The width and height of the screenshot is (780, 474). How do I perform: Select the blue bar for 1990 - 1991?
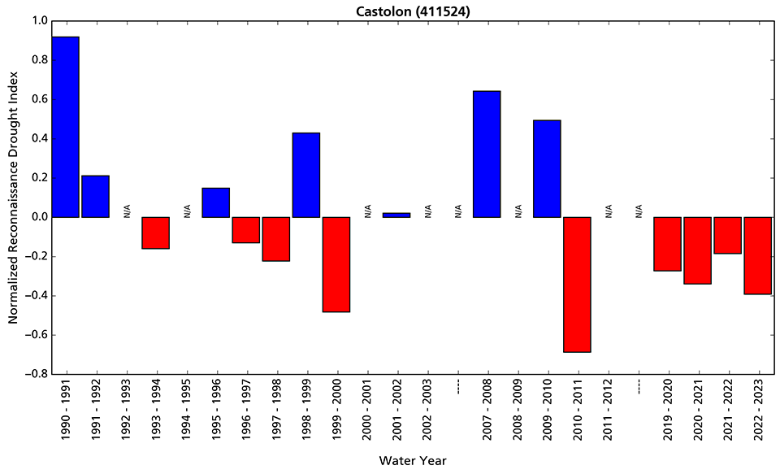click(x=65, y=127)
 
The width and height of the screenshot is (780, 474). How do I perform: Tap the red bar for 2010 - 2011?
click(x=577, y=285)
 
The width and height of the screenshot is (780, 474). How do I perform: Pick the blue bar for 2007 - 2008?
click(x=487, y=154)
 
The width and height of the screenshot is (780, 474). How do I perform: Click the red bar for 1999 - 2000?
click(x=336, y=264)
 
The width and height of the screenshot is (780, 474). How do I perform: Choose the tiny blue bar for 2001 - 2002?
click(x=396, y=215)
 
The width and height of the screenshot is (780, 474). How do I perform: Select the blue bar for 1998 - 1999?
click(x=306, y=175)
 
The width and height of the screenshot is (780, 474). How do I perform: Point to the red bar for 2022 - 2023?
click(x=757, y=255)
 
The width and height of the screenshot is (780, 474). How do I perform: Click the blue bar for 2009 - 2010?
click(x=547, y=169)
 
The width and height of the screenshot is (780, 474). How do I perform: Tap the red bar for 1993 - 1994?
click(x=156, y=233)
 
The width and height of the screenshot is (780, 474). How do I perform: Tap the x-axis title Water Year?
click(x=412, y=460)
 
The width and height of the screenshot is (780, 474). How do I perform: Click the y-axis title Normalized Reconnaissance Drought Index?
click(x=13, y=198)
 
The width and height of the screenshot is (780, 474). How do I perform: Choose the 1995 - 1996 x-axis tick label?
click(x=216, y=411)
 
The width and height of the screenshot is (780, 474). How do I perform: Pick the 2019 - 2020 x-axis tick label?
click(x=667, y=411)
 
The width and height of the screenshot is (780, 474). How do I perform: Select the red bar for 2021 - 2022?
click(x=727, y=235)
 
